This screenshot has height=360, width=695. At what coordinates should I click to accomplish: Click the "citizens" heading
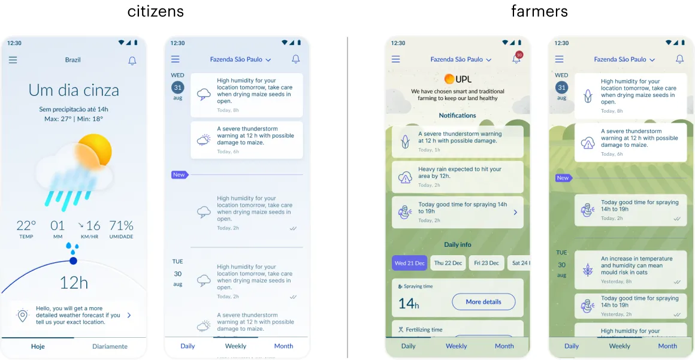coord(156,11)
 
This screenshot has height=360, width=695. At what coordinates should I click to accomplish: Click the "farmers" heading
coord(539,11)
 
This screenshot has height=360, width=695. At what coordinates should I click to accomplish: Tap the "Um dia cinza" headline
coord(74,90)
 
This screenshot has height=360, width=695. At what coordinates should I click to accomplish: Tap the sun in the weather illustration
coord(94,150)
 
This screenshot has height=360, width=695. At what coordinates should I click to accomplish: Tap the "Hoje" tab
coord(38,346)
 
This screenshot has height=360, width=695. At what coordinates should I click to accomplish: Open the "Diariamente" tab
coord(110,346)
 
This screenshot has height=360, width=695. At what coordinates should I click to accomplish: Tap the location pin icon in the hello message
coord(23,315)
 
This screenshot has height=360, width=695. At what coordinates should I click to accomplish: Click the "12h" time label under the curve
coord(74,283)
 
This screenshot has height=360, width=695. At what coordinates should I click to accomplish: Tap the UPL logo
coord(458,79)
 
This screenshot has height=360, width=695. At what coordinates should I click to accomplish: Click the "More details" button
coord(483,302)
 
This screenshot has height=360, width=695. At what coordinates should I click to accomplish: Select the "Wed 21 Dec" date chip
coord(409,263)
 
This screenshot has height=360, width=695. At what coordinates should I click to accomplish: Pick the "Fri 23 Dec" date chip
coord(486,263)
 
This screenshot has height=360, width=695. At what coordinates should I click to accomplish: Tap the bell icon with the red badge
coord(516,59)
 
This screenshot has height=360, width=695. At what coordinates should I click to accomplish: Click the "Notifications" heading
coord(457,116)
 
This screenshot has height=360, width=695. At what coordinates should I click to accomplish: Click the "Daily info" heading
coord(457,244)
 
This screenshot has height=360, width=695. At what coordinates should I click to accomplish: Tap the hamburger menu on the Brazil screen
coord(13,60)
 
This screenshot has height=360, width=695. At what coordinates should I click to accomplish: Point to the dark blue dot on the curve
coord(73,261)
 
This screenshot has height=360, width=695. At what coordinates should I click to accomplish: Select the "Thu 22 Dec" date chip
coord(448,263)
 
